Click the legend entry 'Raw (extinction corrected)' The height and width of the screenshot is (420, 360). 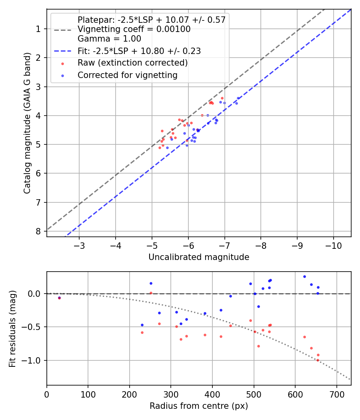pos(132,63)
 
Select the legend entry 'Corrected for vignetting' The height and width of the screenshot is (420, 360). pos(128,75)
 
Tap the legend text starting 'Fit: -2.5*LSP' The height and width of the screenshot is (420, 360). pos(139,51)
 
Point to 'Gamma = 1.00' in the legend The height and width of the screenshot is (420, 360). pos(109,39)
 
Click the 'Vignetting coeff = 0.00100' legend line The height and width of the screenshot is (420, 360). pos(134,29)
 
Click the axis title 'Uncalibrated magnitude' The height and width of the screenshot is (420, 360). pos(199,257)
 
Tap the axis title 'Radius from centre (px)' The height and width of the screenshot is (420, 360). pos(199,406)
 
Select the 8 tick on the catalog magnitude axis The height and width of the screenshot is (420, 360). pos(38,231)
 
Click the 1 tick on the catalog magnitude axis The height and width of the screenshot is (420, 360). pos(38,29)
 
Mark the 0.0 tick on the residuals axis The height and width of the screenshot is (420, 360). pos(35,294)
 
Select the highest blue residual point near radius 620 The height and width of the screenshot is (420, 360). pos(304,276)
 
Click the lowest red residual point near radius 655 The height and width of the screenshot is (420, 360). pos(318,360)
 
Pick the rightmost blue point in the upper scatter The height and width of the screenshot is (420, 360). pos(238,98)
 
